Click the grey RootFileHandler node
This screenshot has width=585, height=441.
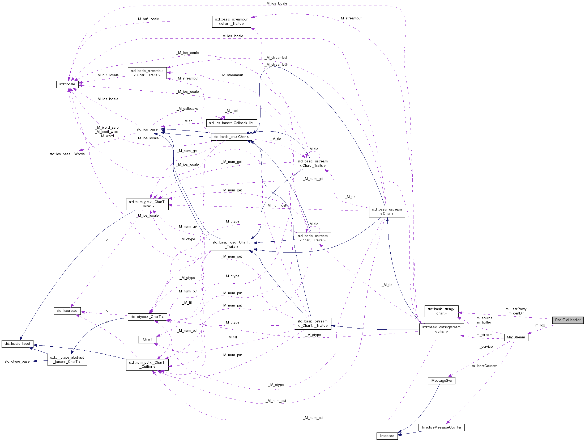(x=567, y=320)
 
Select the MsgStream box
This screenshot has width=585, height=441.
(x=516, y=337)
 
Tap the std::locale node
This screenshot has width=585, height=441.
(x=67, y=84)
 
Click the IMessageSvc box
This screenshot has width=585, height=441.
(x=441, y=380)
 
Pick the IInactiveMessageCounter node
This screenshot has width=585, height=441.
(x=441, y=427)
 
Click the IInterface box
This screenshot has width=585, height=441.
(x=387, y=436)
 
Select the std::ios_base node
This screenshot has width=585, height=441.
(x=147, y=129)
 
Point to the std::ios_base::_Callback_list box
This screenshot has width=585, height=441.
(x=231, y=123)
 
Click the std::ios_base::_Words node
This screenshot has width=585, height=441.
(x=67, y=154)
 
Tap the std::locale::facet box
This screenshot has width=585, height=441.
(x=17, y=343)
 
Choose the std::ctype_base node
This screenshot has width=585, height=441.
(x=17, y=361)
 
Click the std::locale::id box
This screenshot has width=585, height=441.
(x=67, y=310)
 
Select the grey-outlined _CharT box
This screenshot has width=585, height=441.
(x=147, y=339)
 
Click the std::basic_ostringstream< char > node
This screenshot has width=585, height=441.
(x=441, y=329)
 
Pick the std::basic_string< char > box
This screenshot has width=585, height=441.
(x=441, y=311)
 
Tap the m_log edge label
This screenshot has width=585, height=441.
(x=540, y=325)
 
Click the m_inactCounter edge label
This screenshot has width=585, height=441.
(x=484, y=366)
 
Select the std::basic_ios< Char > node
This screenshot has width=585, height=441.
(x=231, y=137)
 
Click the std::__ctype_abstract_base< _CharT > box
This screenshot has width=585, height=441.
(x=67, y=359)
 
